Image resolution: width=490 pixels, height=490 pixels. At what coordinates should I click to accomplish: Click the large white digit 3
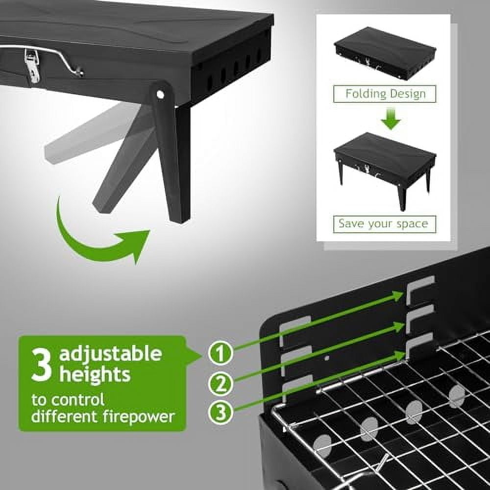(x=41, y=365)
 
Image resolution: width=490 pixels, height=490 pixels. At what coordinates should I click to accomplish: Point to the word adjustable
(x=110, y=353)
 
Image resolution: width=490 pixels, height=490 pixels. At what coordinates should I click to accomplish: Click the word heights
(x=95, y=375)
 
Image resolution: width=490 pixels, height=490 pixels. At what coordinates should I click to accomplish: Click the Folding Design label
(x=385, y=94)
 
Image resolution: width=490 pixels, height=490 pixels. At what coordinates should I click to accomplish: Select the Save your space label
(x=384, y=224)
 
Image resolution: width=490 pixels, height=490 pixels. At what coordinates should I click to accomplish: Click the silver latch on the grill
(x=32, y=66)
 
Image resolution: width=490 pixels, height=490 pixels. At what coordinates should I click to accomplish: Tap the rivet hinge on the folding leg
(x=160, y=93)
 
